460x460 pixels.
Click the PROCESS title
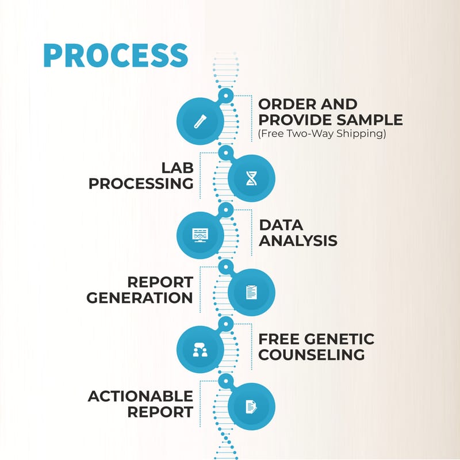pos(116,55)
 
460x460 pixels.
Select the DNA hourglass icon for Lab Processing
pos(251,178)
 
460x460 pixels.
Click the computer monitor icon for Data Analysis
pos(200,235)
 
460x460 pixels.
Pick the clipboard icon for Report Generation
pos(251,292)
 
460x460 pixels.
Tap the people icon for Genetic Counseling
pos(200,349)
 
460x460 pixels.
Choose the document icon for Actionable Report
pos(251,407)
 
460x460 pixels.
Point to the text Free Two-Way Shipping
pos(321,135)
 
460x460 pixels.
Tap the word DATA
pos(281,225)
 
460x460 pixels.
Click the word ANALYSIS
pos(297,240)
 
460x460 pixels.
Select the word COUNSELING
pos(311,354)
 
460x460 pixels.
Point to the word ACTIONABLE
pos(140,396)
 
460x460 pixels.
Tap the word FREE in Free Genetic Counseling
pos(278,339)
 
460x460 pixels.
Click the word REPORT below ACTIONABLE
pos(160,412)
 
